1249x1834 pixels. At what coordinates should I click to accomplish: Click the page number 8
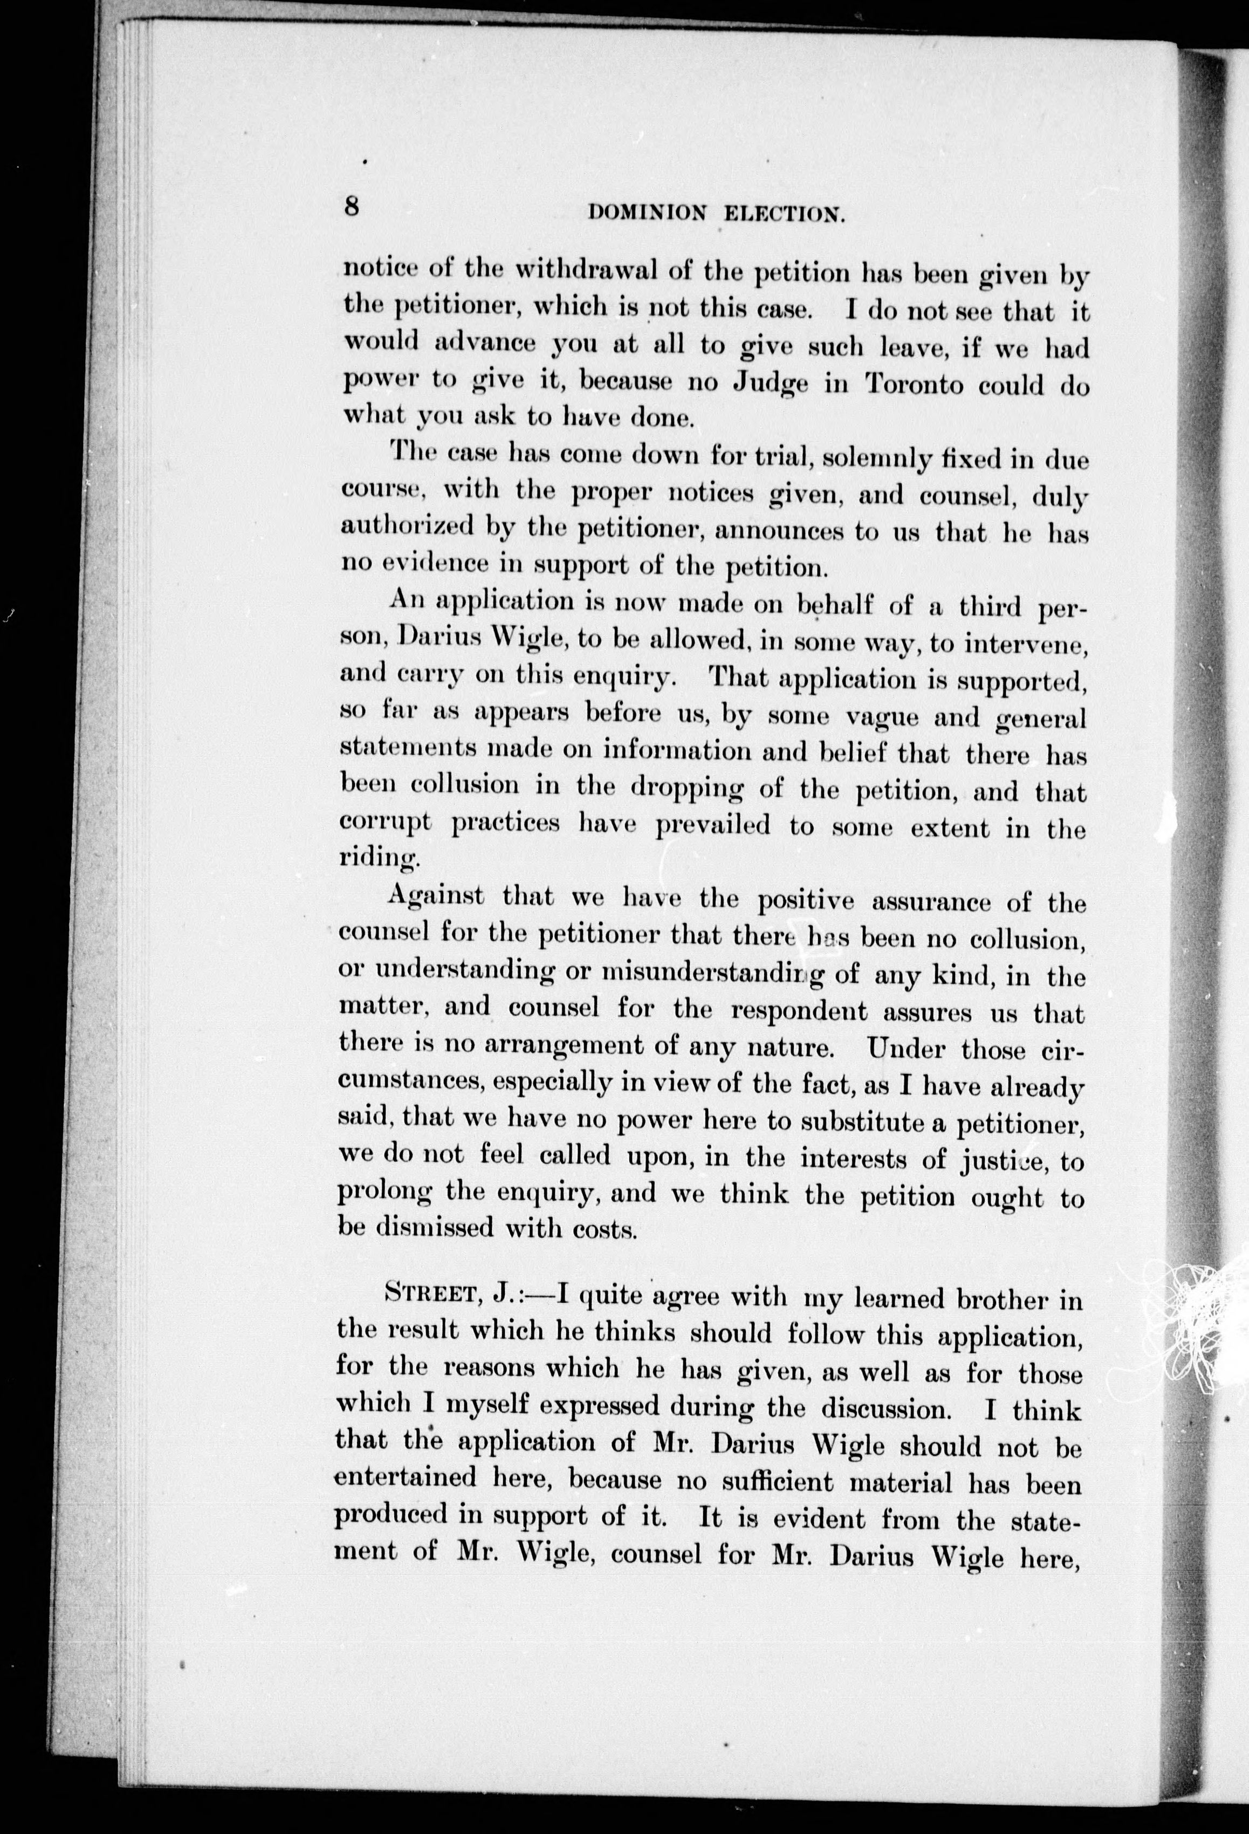352,206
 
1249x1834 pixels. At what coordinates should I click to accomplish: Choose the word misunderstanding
711,970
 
